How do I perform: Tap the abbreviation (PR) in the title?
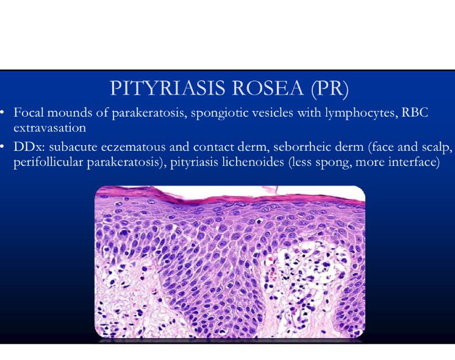click(329, 90)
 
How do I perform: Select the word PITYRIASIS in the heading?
click(162, 90)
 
